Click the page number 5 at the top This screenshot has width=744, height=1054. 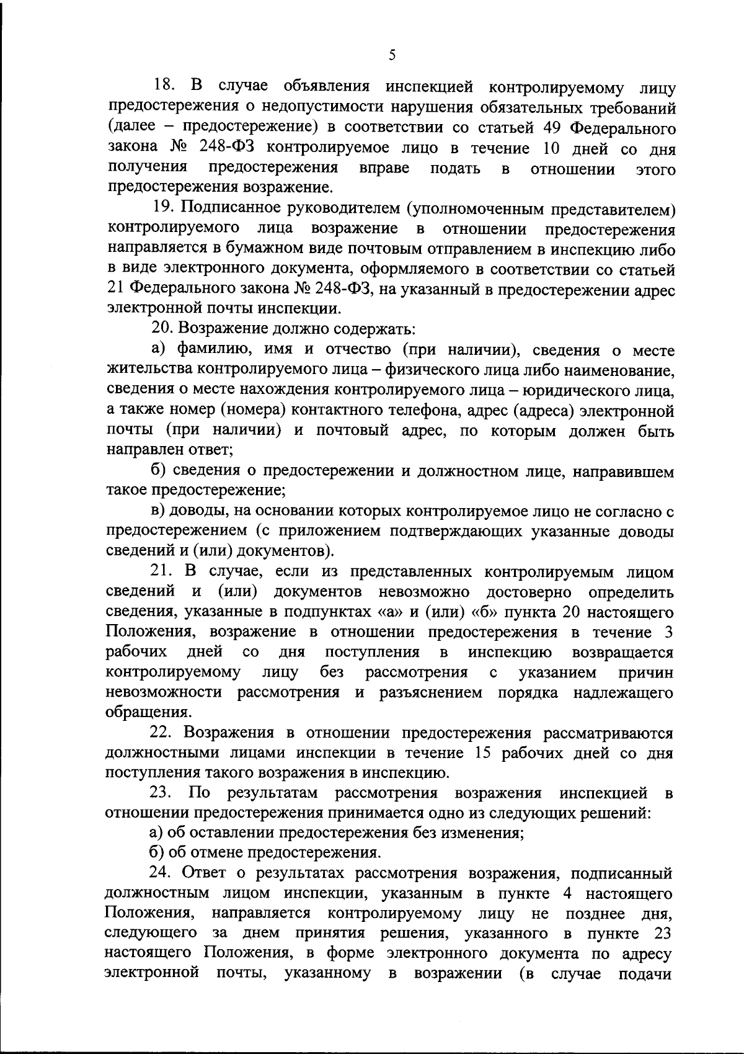tap(392, 55)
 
